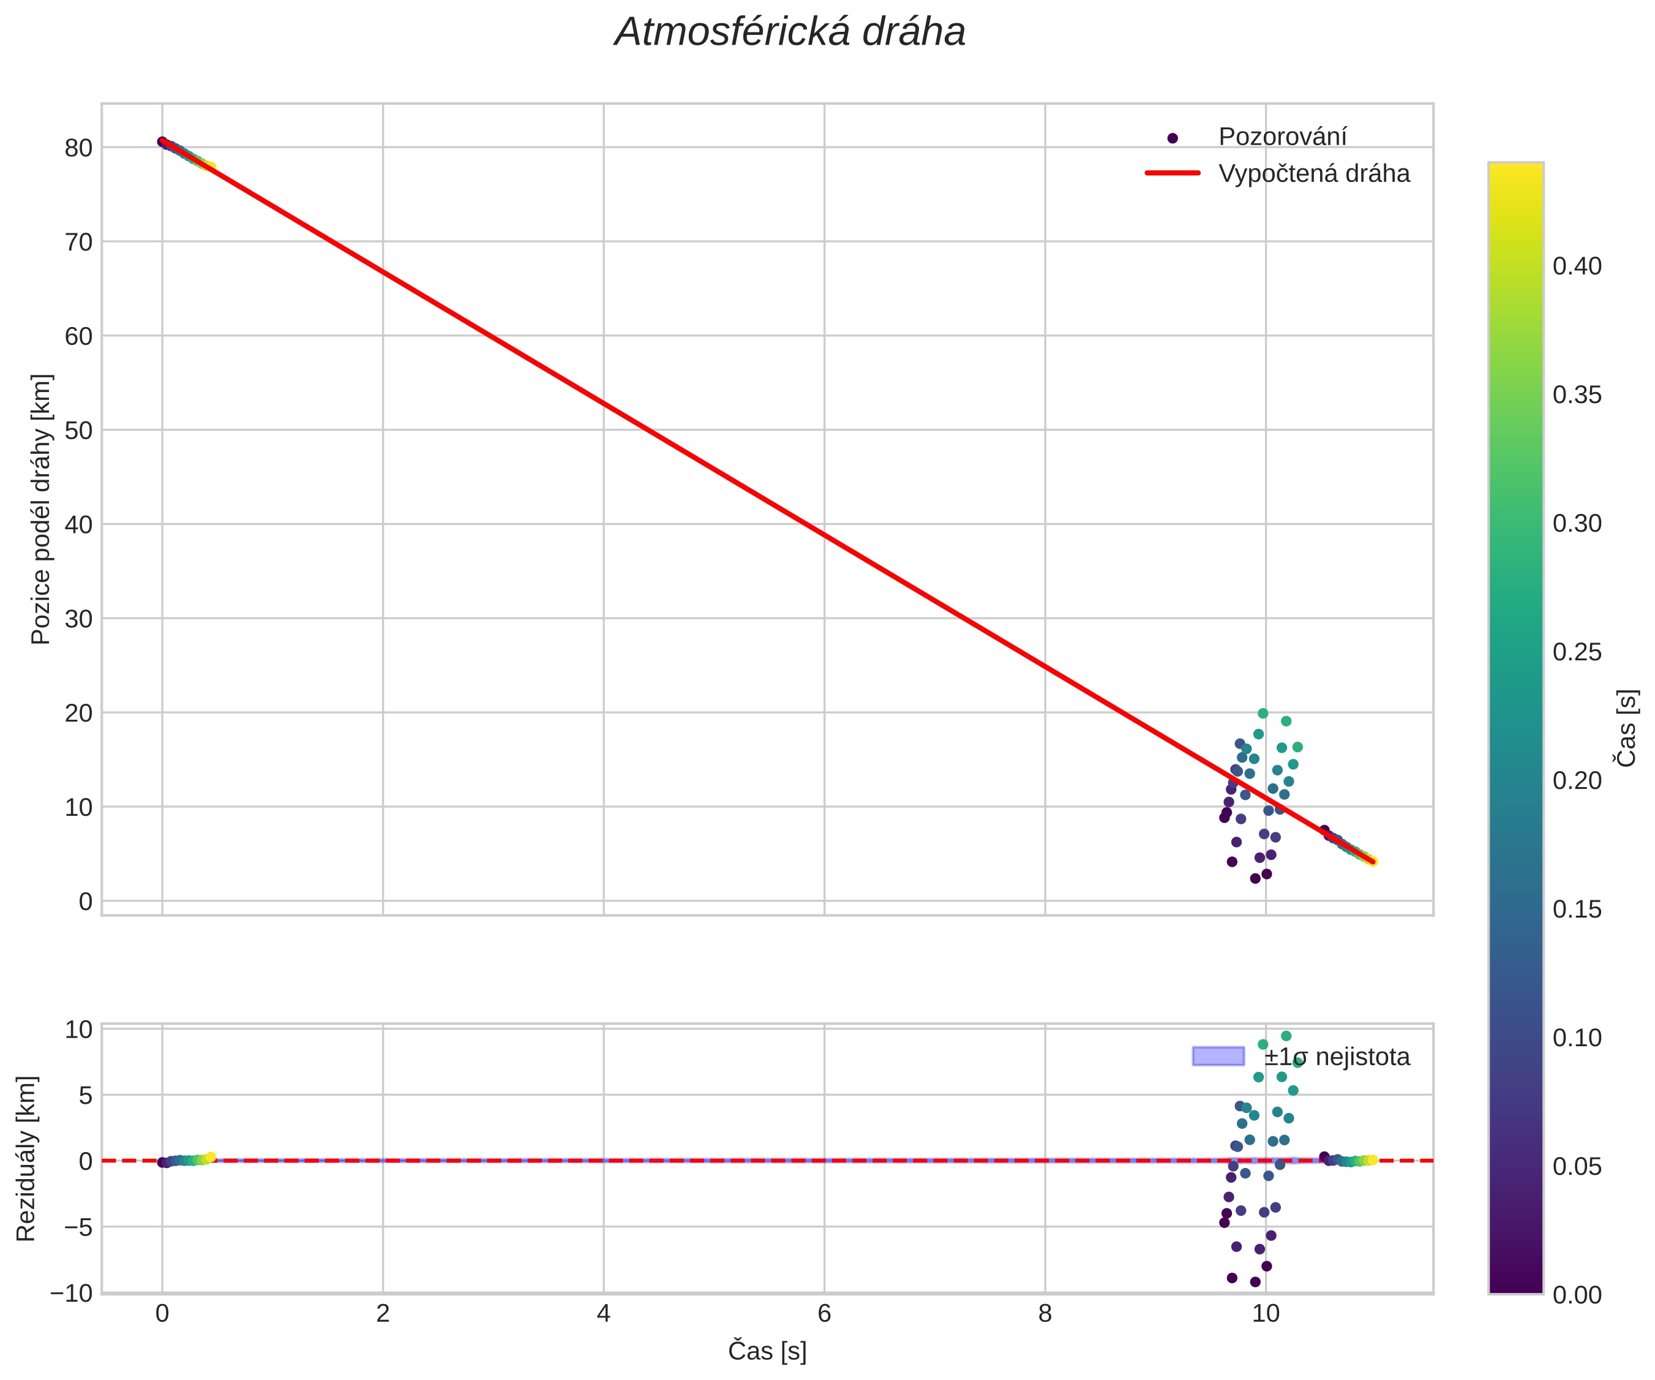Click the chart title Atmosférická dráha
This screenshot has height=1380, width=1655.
point(790,33)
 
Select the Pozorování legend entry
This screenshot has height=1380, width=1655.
point(1282,137)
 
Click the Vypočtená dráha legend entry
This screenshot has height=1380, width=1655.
point(1314,173)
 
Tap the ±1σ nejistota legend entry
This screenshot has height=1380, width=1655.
point(1337,1057)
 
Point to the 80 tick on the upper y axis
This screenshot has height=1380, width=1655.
point(79,148)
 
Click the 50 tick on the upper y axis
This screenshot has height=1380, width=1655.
point(79,431)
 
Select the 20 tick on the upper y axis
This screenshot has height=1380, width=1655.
point(79,713)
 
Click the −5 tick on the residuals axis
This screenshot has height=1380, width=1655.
point(72,1227)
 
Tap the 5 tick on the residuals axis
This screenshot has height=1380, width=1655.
point(85,1095)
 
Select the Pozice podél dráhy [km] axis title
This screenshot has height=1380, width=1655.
point(41,510)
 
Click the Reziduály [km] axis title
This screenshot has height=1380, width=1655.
point(26,1158)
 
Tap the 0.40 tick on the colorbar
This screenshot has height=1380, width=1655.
point(1577,266)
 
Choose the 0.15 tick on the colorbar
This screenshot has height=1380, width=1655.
point(1577,909)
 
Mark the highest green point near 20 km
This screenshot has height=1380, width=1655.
point(1263,714)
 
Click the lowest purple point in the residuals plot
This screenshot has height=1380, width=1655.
point(1255,1282)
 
